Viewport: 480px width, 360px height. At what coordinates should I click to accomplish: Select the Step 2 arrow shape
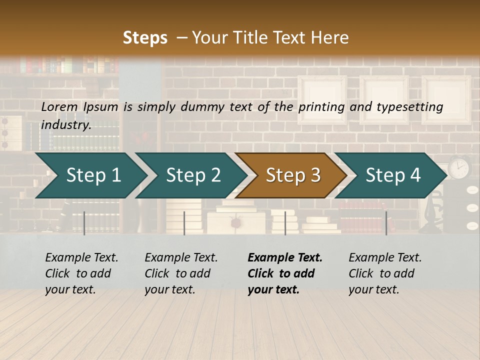[193, 175]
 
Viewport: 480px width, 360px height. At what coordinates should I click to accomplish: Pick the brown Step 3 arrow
[292, 175]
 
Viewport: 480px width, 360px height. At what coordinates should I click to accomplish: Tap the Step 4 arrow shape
[392, 175]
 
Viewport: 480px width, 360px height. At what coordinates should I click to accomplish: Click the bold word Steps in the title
[145, 38]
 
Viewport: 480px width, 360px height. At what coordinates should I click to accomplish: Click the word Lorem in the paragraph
[59, 106]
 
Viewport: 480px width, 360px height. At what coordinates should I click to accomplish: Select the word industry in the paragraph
[65, 124]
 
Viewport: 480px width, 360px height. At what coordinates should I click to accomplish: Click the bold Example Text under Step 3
[285, 258]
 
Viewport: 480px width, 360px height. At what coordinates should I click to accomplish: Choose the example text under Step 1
[81, 273]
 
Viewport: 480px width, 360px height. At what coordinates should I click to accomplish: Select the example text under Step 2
[181, 273]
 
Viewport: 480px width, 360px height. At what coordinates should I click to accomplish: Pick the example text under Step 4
[385, 273]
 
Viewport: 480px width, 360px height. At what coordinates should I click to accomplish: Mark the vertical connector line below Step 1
[84, 223]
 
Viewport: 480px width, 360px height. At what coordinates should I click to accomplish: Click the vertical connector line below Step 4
[386, 223]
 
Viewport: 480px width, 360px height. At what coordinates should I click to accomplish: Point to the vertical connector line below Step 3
[285, 223]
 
